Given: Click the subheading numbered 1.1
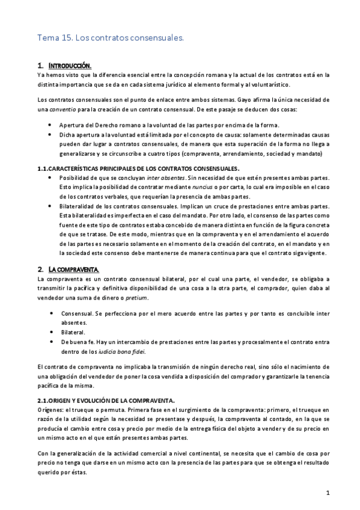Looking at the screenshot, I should pos(138,168).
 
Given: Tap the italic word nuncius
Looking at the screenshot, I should pos(209,187).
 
